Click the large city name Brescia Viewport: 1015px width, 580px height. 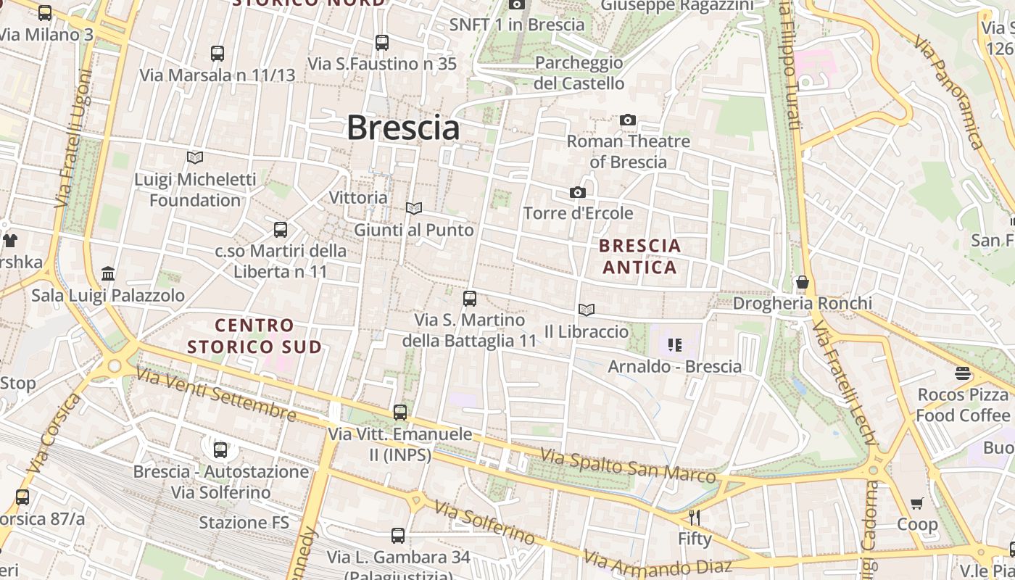point(403,128)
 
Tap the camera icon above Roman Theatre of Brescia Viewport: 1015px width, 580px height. point(628,120)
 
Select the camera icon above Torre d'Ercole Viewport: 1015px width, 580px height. point(578,192)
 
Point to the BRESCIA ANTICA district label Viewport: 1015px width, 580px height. point(640,257)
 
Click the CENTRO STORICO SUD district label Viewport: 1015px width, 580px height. point(254,336)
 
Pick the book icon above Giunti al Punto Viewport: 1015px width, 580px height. point(414,209)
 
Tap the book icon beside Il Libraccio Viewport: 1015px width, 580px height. point(587,310)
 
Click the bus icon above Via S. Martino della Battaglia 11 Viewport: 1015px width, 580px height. point(470,298)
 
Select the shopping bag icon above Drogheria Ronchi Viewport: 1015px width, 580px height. point(802,282)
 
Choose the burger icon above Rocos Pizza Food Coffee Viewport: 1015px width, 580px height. point(963,373)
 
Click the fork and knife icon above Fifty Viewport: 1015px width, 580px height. point(695,518)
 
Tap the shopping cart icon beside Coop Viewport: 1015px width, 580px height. point(917,503)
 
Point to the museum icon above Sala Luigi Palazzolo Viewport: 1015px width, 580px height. point(108,273)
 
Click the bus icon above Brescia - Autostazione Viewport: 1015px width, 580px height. point(220,449)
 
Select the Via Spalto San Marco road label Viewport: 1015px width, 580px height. point(628,466)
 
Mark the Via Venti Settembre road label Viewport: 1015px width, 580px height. point(216,393)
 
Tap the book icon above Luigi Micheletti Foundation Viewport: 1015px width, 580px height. point(195,157)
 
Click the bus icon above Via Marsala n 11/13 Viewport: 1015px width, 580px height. point(217,53)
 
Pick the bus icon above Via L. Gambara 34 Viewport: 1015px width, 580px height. point(398,536)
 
